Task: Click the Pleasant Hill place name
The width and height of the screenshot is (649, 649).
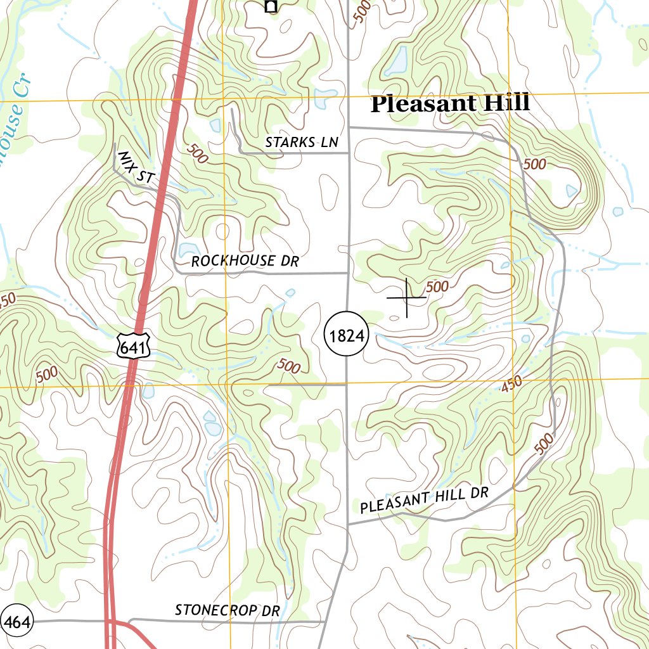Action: [x=449, y=104]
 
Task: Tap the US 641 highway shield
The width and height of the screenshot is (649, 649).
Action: [x=134, y=345]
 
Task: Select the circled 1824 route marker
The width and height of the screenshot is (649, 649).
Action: [x=346, y=336]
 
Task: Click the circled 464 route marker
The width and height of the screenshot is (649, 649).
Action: [x=16, y=623]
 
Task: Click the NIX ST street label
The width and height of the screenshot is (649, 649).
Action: [x=136, y=169]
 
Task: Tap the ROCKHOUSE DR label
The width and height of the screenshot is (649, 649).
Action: [x=245, y=261]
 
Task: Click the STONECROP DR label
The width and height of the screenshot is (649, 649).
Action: [x=227, y=610]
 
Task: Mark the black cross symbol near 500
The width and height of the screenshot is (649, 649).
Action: [x=406, y=297]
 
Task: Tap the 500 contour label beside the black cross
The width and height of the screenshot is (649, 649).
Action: [x=437, y=287]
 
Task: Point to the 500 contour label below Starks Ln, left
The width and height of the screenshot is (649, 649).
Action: [x=197, y=154]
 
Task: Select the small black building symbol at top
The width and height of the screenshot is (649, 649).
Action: [x=271, y=6]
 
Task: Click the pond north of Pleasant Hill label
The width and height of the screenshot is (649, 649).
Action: [x=398, y=61]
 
